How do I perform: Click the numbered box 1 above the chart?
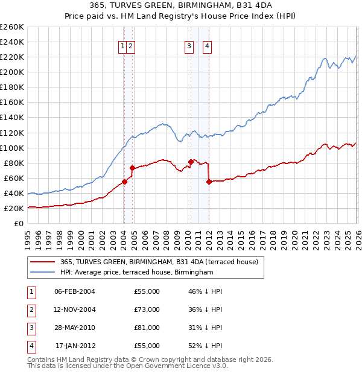pos(123,46)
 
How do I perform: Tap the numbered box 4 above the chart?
pos(207,46)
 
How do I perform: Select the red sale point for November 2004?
pos(132,168)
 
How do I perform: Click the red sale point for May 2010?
pos(191,162)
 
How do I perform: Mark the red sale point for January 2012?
pos(209,182)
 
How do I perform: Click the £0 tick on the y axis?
pos(19,224)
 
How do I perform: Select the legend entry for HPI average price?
pos(137,273)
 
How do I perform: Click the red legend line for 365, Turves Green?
pos(43,262)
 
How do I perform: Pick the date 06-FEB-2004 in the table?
pos(75,291)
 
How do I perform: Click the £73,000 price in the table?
pos(147,309)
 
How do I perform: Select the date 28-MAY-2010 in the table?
pos(75,328)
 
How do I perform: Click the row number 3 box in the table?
pos(30,328)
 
